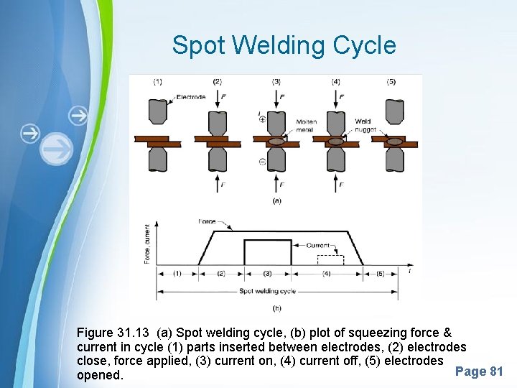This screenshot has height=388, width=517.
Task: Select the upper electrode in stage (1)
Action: click(x=158, y=111)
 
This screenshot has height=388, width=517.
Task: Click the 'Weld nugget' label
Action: click(x=365, y=125)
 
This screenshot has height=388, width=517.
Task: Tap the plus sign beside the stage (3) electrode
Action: click(x=262, y=119)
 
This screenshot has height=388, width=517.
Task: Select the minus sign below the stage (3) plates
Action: click(x=262, y=163)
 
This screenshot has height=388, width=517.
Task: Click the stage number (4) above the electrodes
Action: click(x=335, y=82)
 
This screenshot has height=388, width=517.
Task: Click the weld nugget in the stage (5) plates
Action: click(x=393, y=140)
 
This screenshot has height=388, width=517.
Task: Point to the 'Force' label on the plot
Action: click(x=207, y=222)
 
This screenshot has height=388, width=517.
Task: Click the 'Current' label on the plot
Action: click(x=318, y=246)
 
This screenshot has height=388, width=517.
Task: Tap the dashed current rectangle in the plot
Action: click(x=330, y=259)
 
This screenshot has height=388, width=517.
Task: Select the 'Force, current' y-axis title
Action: click(x=147, y=244)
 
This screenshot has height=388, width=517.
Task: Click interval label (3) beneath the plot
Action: click(x=267, y=274)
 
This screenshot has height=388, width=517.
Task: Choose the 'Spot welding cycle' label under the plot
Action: click(x=266, y=291)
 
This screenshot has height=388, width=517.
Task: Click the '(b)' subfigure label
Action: click(x=276, y=308)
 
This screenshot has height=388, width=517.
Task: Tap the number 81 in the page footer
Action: click(x=495, y=371)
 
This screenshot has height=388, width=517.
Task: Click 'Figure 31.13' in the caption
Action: click(x=113, y=333)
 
